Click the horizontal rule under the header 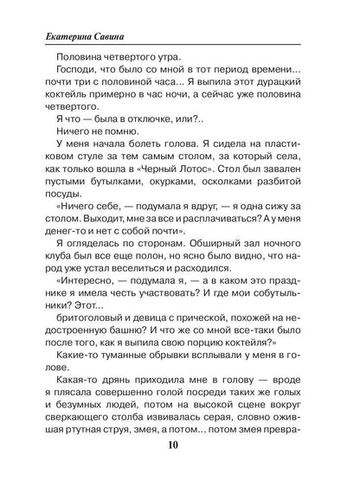(x=179, y=42)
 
